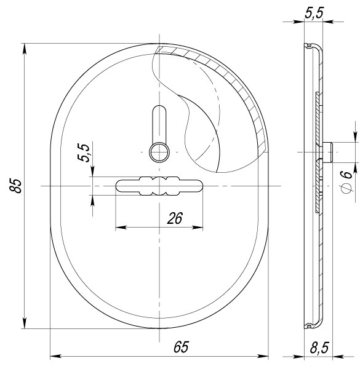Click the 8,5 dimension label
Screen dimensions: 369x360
(318, 348)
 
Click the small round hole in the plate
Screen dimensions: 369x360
(159, 150)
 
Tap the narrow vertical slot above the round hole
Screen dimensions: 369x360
(159, 122)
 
